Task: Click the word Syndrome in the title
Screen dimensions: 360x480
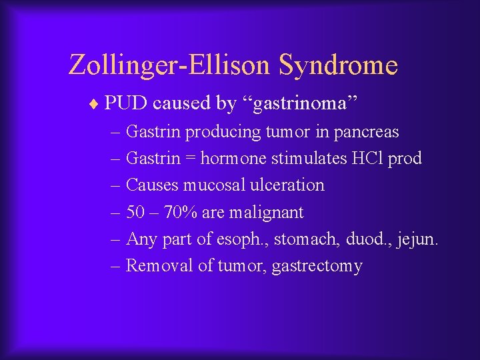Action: click(x=338, y=65)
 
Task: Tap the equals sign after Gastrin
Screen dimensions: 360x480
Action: click(x=190, y=159)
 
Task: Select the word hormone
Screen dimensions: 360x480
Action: click(x=229, y=159)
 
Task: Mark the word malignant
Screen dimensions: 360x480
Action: click(x=267, y=213)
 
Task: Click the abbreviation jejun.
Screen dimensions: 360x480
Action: click(x=417, y=239)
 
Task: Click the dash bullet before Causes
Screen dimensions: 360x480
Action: click(x=117, y=185)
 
